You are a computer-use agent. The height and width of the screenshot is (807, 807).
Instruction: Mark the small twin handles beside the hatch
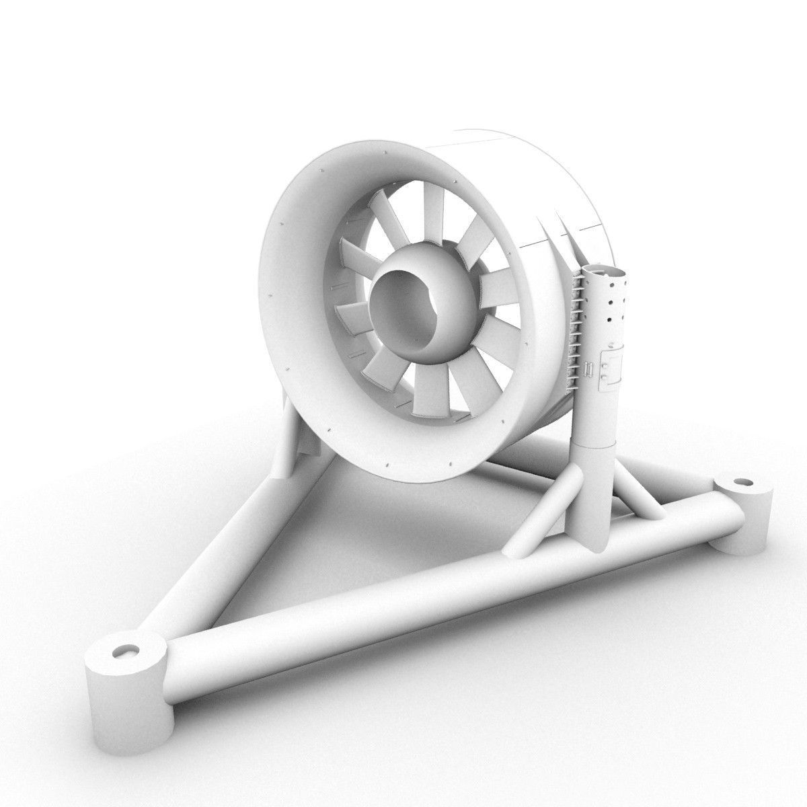click(x=588, y=370)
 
